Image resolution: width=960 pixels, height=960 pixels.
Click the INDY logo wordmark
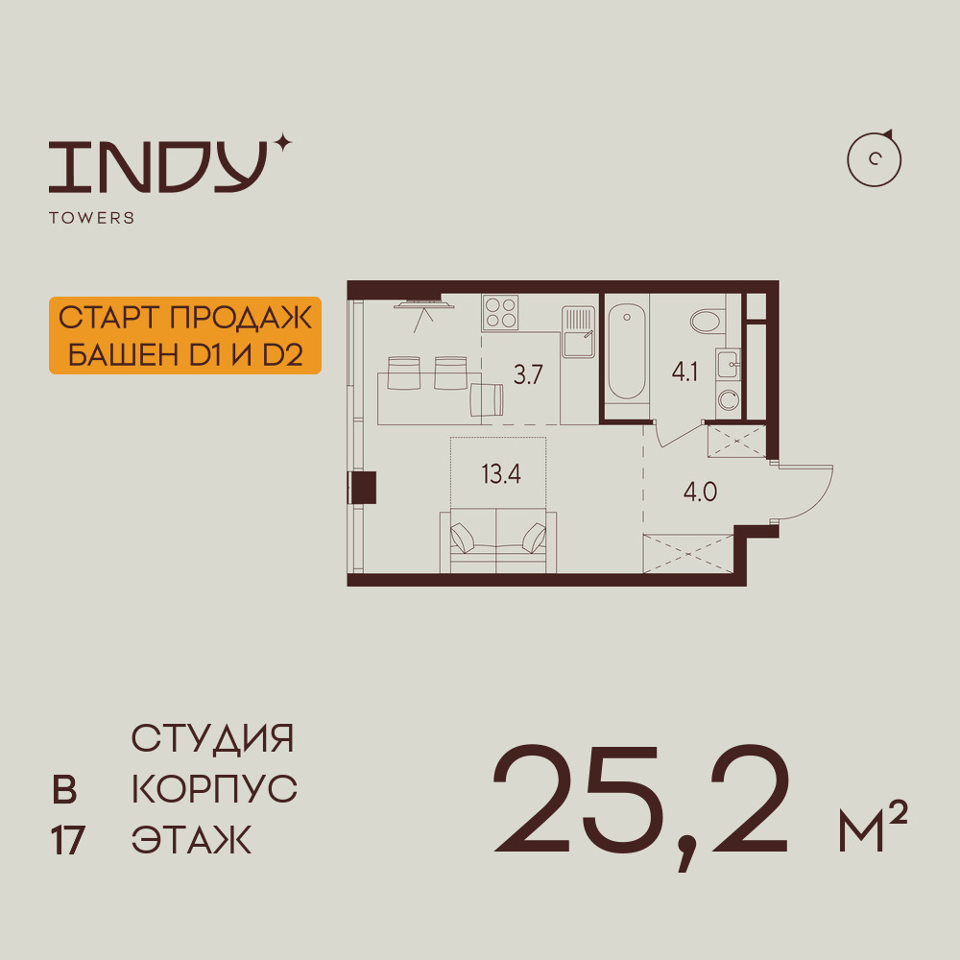point(157,166)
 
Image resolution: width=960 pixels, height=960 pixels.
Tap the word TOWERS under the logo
point(92,218)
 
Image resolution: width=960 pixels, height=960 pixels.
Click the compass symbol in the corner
point(874,159)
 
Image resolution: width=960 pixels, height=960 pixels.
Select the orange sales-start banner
point(185,335)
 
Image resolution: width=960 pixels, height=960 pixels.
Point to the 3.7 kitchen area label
point(528,374)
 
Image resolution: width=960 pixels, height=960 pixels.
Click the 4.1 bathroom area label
point(684,372)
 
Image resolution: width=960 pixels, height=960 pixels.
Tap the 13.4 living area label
point(501,474)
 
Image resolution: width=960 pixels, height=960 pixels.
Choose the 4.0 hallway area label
point(700,492)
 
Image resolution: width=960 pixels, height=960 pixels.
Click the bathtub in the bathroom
point(626,353)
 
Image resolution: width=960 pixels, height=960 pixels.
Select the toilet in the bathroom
point(708,321)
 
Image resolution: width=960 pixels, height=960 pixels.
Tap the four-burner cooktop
point(500,312)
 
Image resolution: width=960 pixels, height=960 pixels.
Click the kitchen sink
point(579,332)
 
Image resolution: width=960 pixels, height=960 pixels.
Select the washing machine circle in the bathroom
point(729,400)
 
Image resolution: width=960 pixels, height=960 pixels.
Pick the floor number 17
point(67,841)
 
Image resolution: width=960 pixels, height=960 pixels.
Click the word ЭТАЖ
point(192,840)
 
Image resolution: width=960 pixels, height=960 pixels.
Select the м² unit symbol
point(873,826)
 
